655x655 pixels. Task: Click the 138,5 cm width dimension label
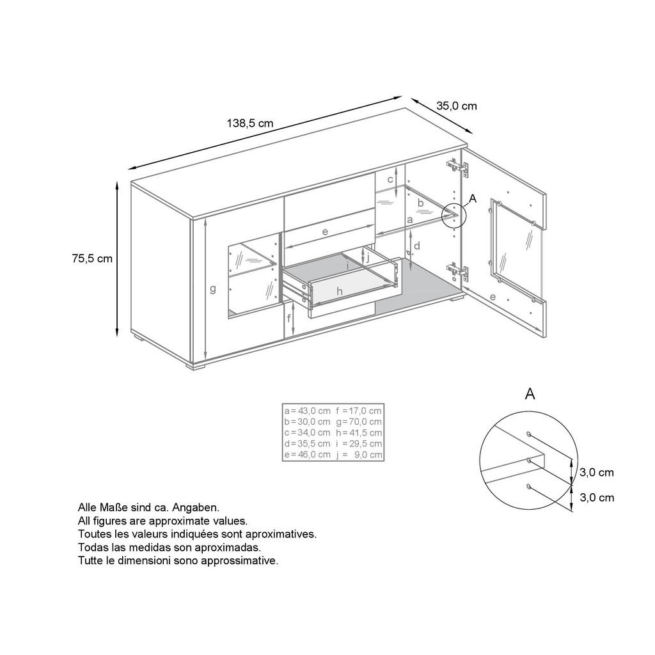(250, 123)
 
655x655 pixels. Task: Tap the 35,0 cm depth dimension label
(456, 106)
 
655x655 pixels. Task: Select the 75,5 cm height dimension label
(92, 258)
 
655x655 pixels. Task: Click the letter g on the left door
(213, 288)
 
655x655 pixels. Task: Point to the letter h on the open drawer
(340, 291)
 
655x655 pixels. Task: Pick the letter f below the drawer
(289, 318)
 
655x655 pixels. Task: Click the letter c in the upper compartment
(390, 180)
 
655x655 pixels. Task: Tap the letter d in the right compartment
(416, 246)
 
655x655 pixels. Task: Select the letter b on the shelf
(420, 203)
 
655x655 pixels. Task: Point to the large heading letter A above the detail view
(530, 394)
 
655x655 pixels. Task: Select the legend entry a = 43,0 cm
(307, 410)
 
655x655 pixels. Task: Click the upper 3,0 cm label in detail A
(596, 473)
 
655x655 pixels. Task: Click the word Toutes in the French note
(94, 533)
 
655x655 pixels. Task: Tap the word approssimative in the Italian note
(239, 560)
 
